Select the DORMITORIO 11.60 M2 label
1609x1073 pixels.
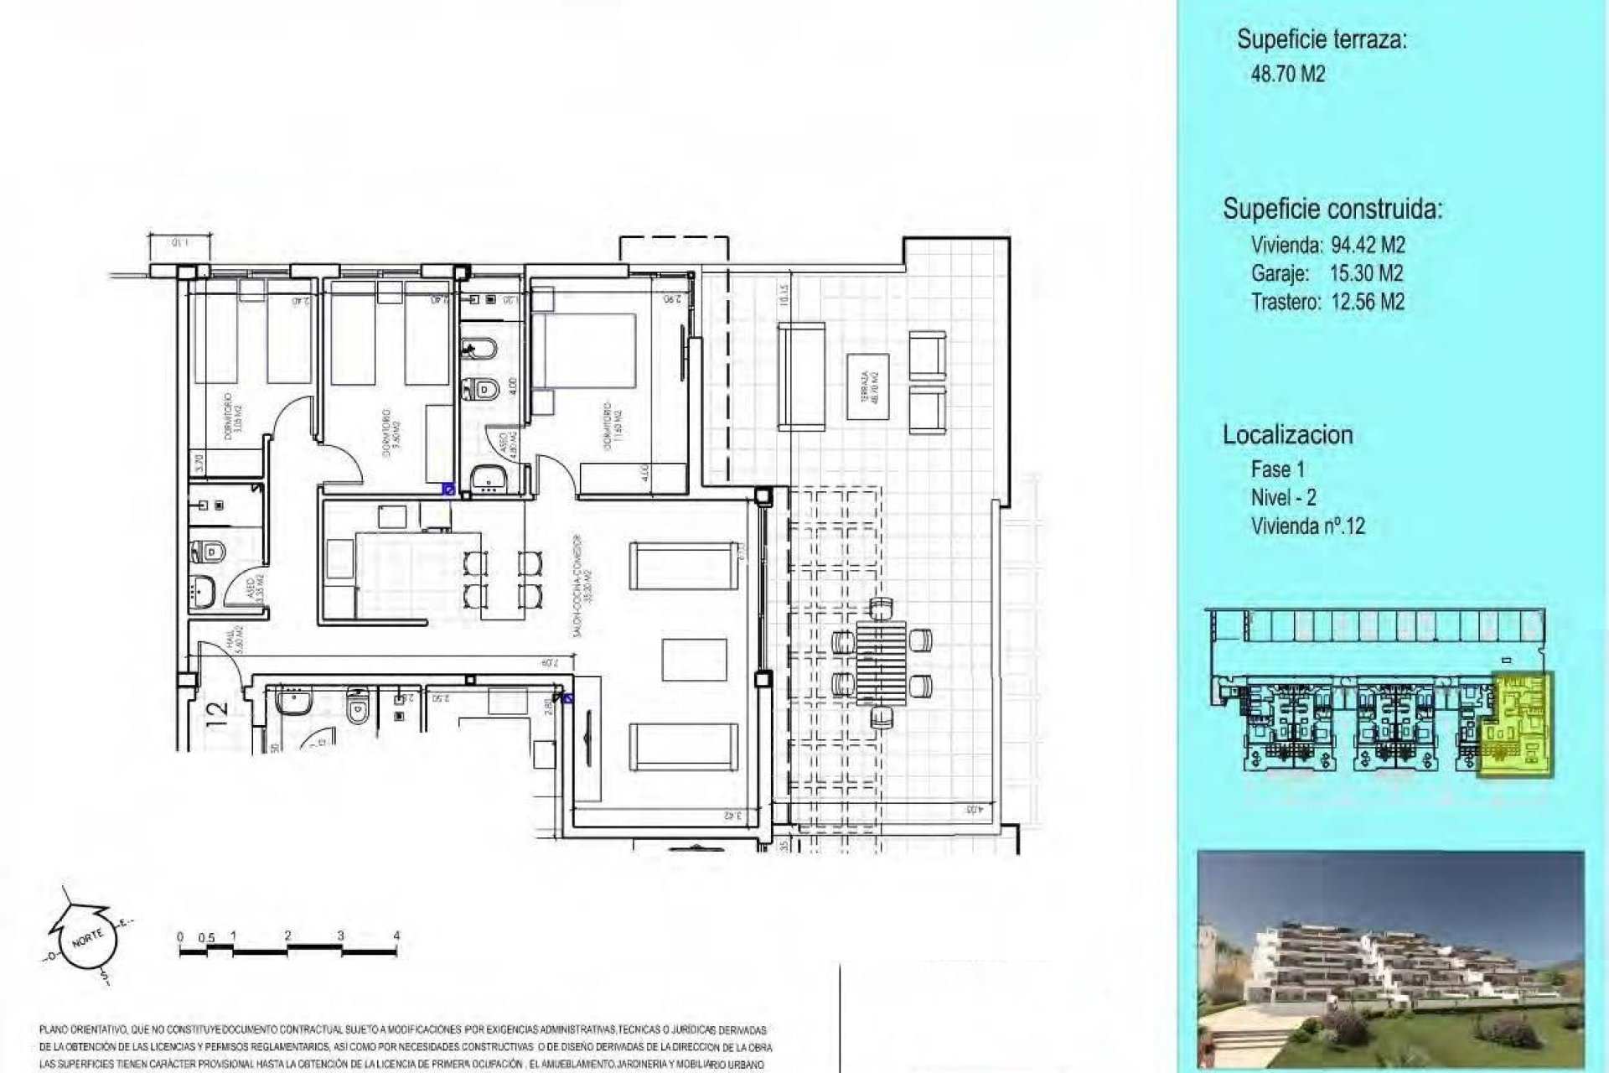[x=613, y=428]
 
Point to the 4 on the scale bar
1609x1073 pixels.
[x=396, y=936]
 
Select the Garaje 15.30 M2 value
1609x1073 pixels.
[x=1366, y=273]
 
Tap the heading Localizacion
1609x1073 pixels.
[x=1287, y=435]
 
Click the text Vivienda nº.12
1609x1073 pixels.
[x=1307, y=526]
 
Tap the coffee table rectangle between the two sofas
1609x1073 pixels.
[x=694, y=660]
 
